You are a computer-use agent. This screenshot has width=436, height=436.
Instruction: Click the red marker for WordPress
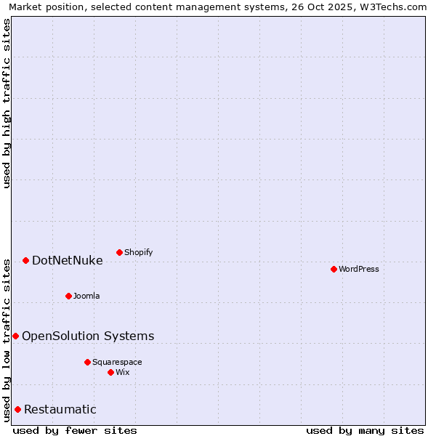point(334,269)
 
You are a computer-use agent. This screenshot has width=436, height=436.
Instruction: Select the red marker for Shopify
point(119,252)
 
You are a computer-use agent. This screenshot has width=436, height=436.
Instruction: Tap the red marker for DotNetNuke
point(25,260)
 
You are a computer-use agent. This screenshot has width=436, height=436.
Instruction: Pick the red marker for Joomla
point(68,296)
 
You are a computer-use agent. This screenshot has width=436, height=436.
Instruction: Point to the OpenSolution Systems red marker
point(15,336)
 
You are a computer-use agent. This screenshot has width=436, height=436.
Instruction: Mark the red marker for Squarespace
point(87,362)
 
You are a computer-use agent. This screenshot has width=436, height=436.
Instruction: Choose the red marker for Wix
point(110,372)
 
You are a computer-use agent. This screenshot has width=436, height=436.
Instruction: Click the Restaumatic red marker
point(17,409)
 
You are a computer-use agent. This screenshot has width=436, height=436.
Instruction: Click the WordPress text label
point(359,270)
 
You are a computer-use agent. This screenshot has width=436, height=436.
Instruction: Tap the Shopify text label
point(138,253)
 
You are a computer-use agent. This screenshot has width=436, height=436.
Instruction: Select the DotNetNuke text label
point(67,261)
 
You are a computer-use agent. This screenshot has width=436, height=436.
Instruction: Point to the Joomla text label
point(86,296)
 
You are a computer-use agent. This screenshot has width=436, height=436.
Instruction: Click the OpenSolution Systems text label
point(88,336)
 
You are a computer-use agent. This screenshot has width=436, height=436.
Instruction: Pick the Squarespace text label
point(117,363)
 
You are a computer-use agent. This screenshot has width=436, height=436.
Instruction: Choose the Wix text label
point(122,373)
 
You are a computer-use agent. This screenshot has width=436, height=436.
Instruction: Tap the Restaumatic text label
point(60,410)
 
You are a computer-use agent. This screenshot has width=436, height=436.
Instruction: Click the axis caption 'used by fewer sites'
point(75,430)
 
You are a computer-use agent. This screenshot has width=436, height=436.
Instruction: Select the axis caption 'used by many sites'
point(365,430)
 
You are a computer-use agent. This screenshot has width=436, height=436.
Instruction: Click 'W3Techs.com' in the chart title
point(397,7)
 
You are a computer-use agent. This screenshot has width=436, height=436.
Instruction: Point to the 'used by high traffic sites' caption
point(7,103)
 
